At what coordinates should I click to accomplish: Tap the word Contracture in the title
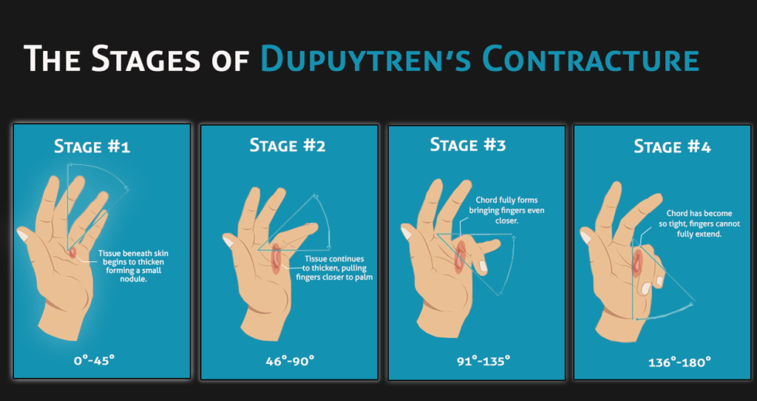coord(590,59)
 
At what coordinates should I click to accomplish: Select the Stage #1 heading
coord(92,146)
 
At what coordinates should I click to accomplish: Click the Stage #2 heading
coord(288,144)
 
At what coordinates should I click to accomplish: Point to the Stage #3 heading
coord(468,144)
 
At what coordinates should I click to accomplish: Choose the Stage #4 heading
coord(672,146)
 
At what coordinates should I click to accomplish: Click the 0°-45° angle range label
coord(95,360)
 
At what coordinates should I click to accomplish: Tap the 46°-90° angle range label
coord(290,360)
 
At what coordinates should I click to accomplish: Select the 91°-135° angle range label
coord(483,360)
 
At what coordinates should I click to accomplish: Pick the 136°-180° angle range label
coord(679,362)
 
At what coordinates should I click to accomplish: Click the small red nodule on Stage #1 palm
coord(72,252)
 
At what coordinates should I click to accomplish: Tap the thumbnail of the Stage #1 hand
coord(23,235)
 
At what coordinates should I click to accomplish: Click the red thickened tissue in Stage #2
coord(276,258)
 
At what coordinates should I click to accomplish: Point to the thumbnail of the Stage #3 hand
coord(407,233)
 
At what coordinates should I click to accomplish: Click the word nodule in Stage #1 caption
coord(134,279)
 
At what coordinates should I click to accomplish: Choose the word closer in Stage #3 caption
coord(506,220)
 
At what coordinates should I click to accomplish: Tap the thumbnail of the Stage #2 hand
coord(228,241)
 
